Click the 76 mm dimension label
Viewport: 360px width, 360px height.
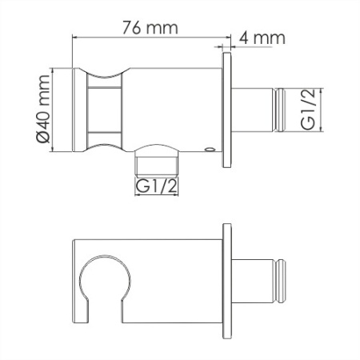pos(150,28)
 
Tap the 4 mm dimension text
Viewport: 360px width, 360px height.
pos(262,38)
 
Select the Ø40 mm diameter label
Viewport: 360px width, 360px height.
pos(42,109)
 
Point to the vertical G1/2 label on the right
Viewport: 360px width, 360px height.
pos(308,110)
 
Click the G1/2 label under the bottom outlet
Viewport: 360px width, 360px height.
pos(156,186)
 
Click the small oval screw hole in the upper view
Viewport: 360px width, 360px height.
pos(209,150)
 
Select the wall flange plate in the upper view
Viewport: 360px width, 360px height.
pos(227,110)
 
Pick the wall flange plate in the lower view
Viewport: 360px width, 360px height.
pos(227,281)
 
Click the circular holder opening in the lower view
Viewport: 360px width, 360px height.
pos(105,256)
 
